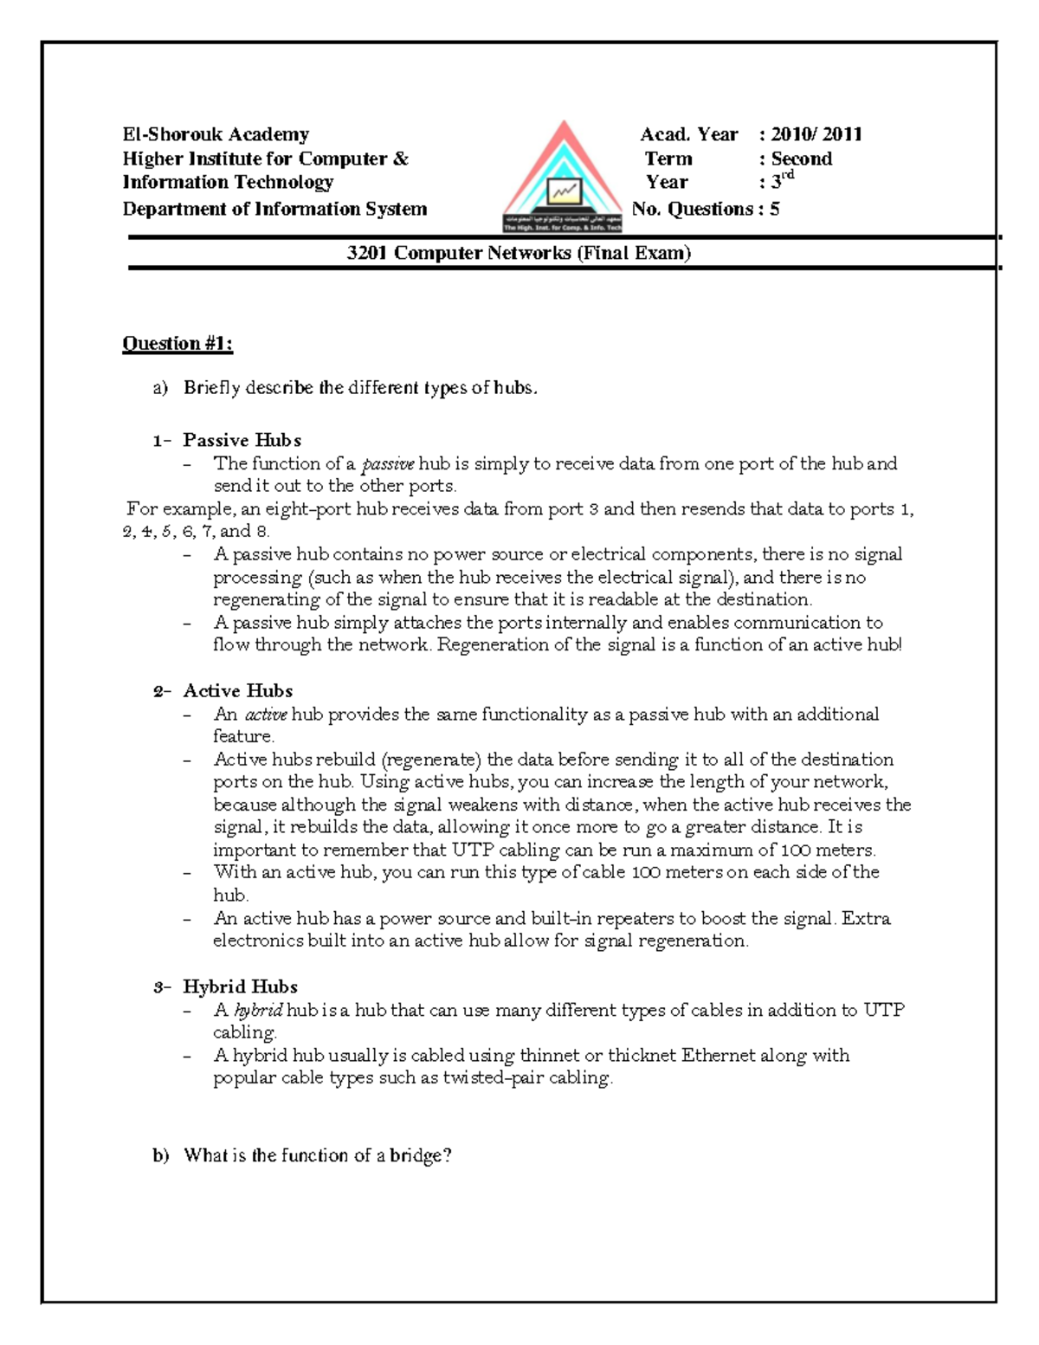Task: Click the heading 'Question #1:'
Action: [177, 344]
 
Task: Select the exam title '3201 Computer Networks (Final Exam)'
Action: [518, 253]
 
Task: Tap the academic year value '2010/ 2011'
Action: [816, 134]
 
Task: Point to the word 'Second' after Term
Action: [801, 158]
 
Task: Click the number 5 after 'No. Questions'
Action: [774, 209]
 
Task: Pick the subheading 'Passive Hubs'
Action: [242, 440]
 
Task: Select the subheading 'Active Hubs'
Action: [237, 690]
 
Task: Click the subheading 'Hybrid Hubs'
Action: [240, 986]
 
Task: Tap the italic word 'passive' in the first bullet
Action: [387, 464]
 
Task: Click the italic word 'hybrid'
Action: [258, 1010]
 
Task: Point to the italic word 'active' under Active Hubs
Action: [265, 715]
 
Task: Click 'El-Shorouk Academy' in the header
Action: [216, 134]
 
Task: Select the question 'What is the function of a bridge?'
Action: [317, 1155]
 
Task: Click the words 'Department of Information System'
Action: [274, 209]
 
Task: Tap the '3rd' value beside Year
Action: [781, 181]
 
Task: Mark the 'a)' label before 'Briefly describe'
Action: [160, 388]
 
